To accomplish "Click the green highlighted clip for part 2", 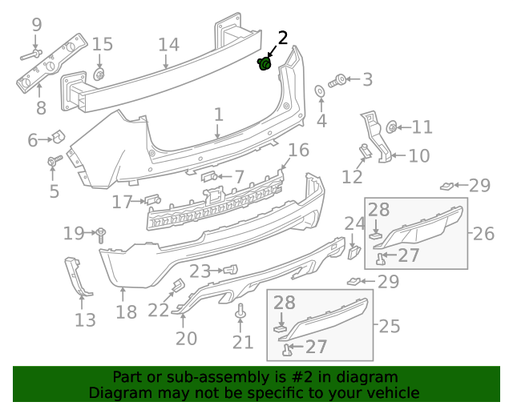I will pyautogui.click(x=265, y=63).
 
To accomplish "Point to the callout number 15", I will pyautogui.click(x=103, y=44).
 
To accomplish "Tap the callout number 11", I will pyautogui.click(x=422, y=127).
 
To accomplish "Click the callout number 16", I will pyautogui.click(x=298, y=150).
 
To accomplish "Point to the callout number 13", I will pyautogui.click(x=85, y=320).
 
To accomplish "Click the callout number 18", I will pyautogui.click(x=126, y=312).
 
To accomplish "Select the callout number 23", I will pyautogui.click(x=200, y=271).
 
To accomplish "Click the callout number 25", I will pyautogui.click(x=389, y=326).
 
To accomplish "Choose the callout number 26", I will pyautogui.click(x=483, y=234).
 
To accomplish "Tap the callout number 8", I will pyautogui.click(x=41, y=107).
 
